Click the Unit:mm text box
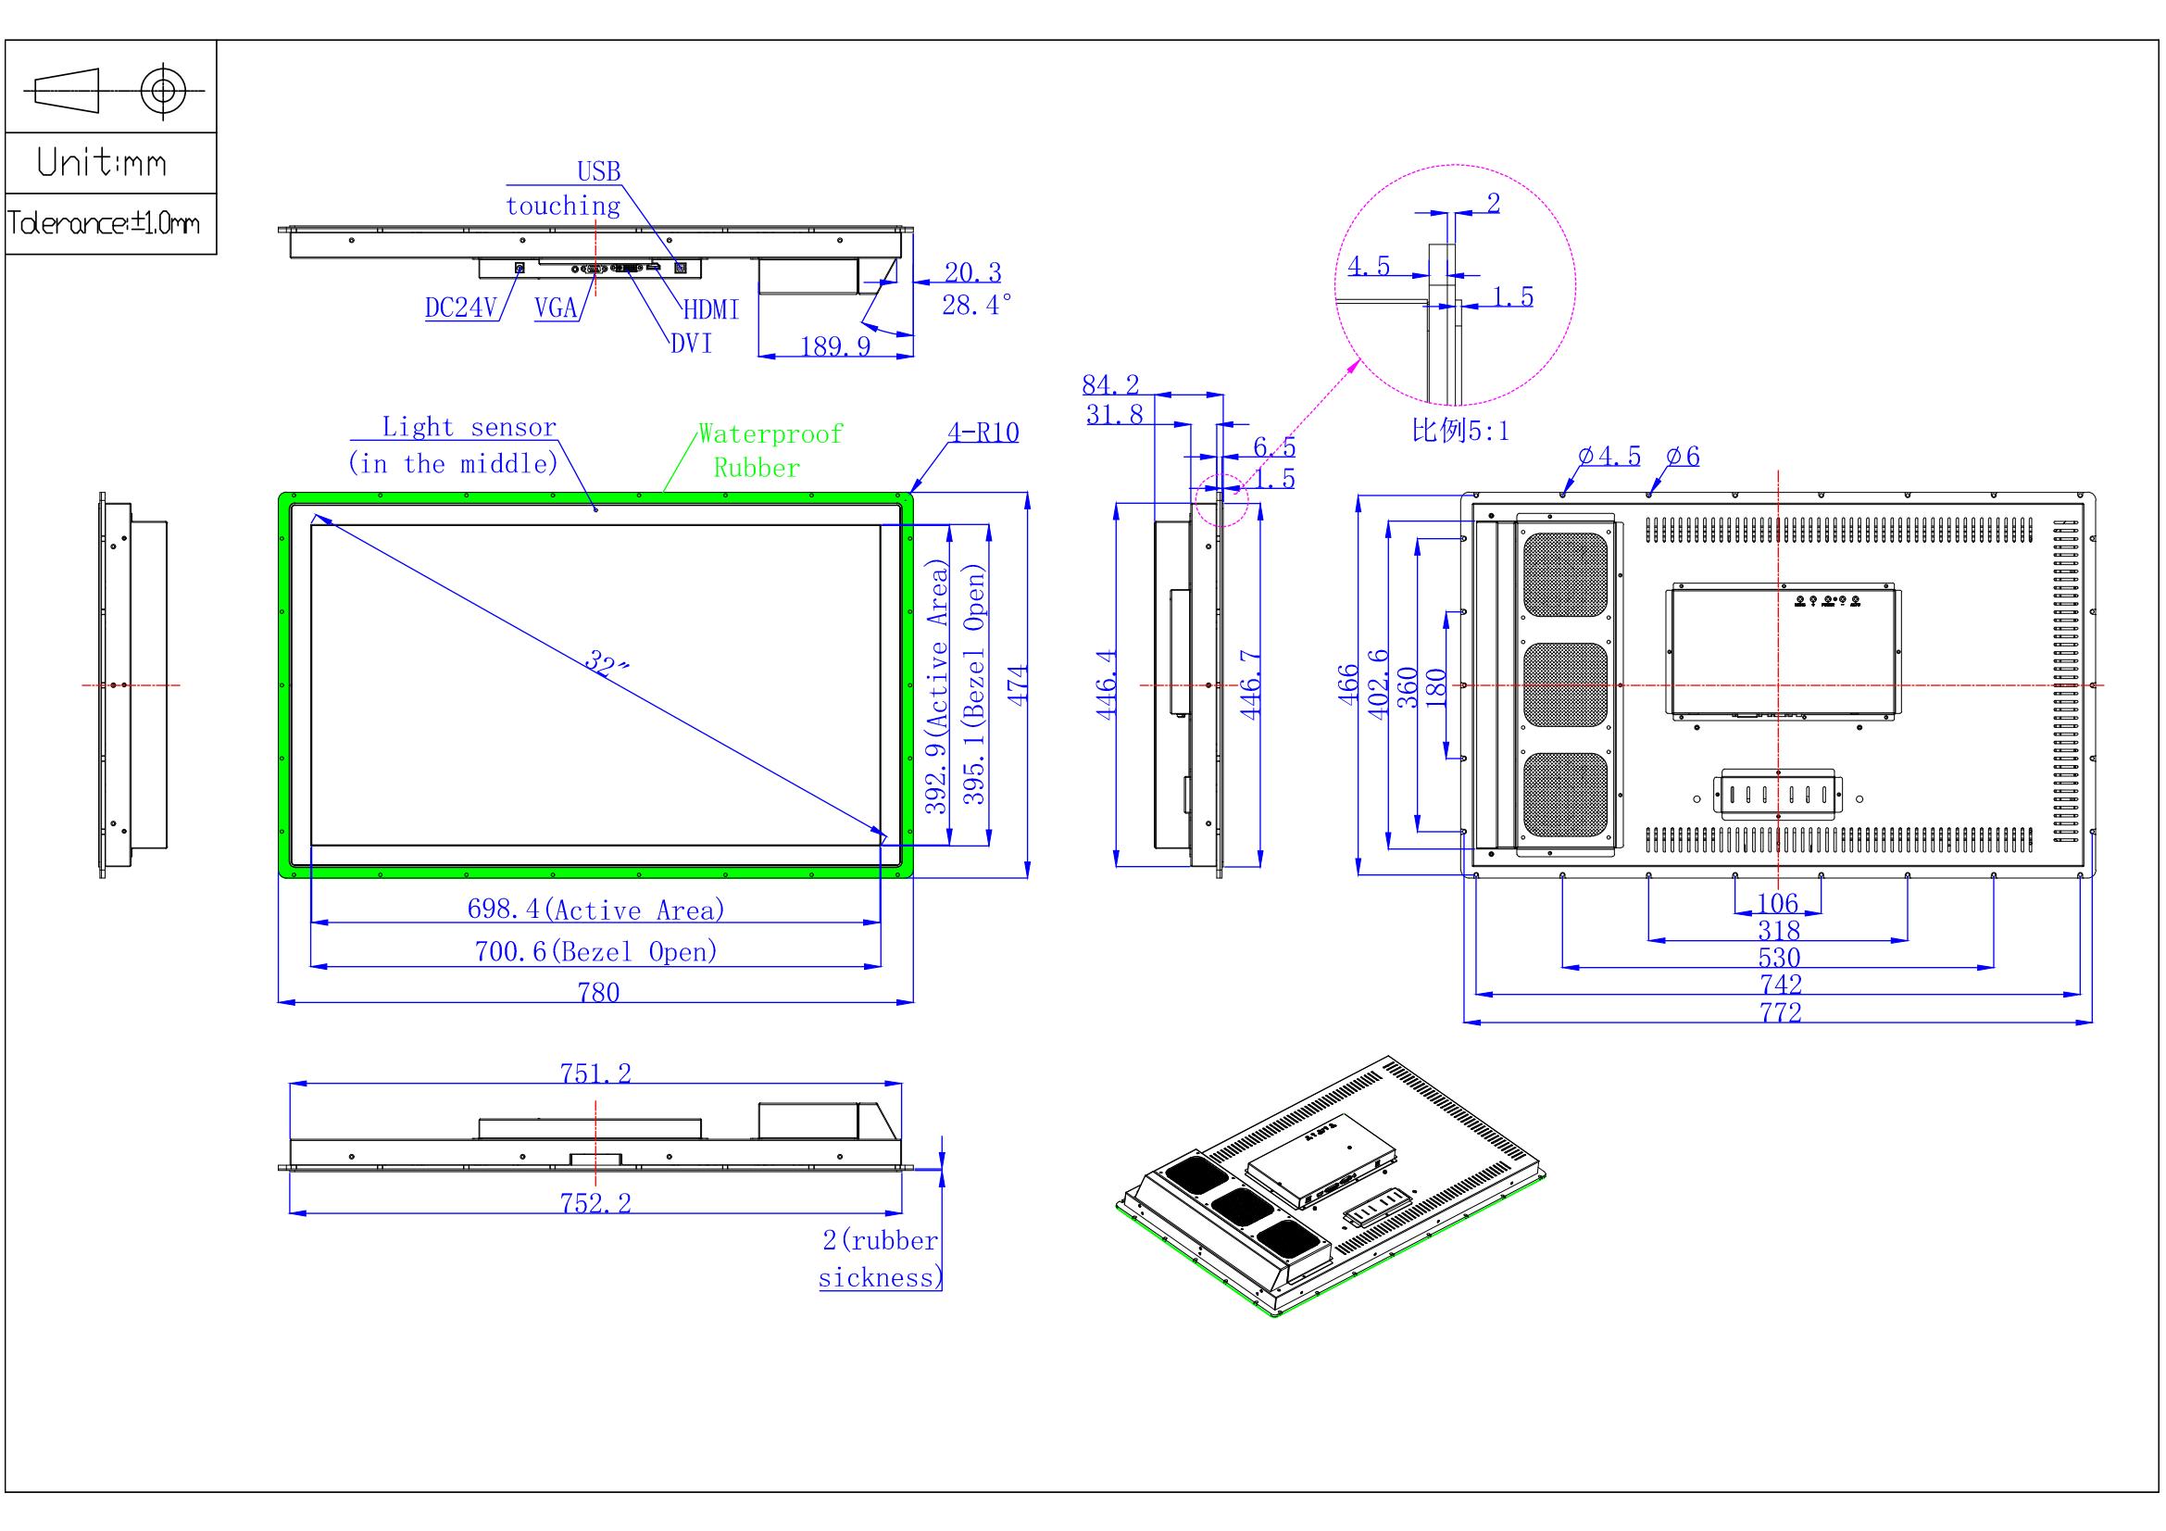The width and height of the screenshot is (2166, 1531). coord(102,162)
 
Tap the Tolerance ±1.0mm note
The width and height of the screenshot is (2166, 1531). coord(104,223)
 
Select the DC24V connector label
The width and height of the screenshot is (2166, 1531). coord(460,307)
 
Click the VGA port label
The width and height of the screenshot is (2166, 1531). coord(556,307)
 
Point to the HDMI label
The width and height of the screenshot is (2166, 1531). coord(711,309)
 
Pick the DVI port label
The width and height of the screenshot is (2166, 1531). coord(692,344)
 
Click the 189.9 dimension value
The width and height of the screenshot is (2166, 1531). coord(836,346)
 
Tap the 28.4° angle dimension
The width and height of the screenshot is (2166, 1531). coord(977,304)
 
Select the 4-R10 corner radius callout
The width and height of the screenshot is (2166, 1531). coord(983,432)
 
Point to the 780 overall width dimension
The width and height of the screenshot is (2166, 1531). coord(599,992)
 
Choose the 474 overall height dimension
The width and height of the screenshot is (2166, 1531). coord(1017,684)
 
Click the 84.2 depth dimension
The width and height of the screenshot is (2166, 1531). coord(1110,384)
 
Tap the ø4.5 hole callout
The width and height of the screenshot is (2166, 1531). coord(1610,456)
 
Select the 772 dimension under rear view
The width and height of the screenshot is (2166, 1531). coord(1780,1012)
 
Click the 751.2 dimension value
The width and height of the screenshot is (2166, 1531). coord(596,1073)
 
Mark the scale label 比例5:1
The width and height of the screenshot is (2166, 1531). coord(1460,430)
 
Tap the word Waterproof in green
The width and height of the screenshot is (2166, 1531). coord(770,434)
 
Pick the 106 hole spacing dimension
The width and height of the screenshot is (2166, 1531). coord(1778,903)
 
